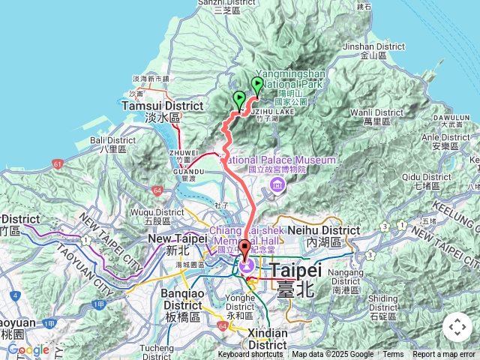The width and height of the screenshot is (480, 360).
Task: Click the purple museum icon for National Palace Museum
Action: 277,185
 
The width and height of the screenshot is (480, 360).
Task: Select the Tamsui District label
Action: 163,106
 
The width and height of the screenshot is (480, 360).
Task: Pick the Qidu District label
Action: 426,177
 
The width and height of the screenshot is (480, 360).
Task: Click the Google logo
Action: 28,349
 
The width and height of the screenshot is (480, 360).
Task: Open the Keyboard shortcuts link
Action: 250,355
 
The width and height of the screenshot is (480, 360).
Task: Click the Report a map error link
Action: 443,355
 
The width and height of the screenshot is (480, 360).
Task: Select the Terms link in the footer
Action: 393,355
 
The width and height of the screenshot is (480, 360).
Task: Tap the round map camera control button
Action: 457,327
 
